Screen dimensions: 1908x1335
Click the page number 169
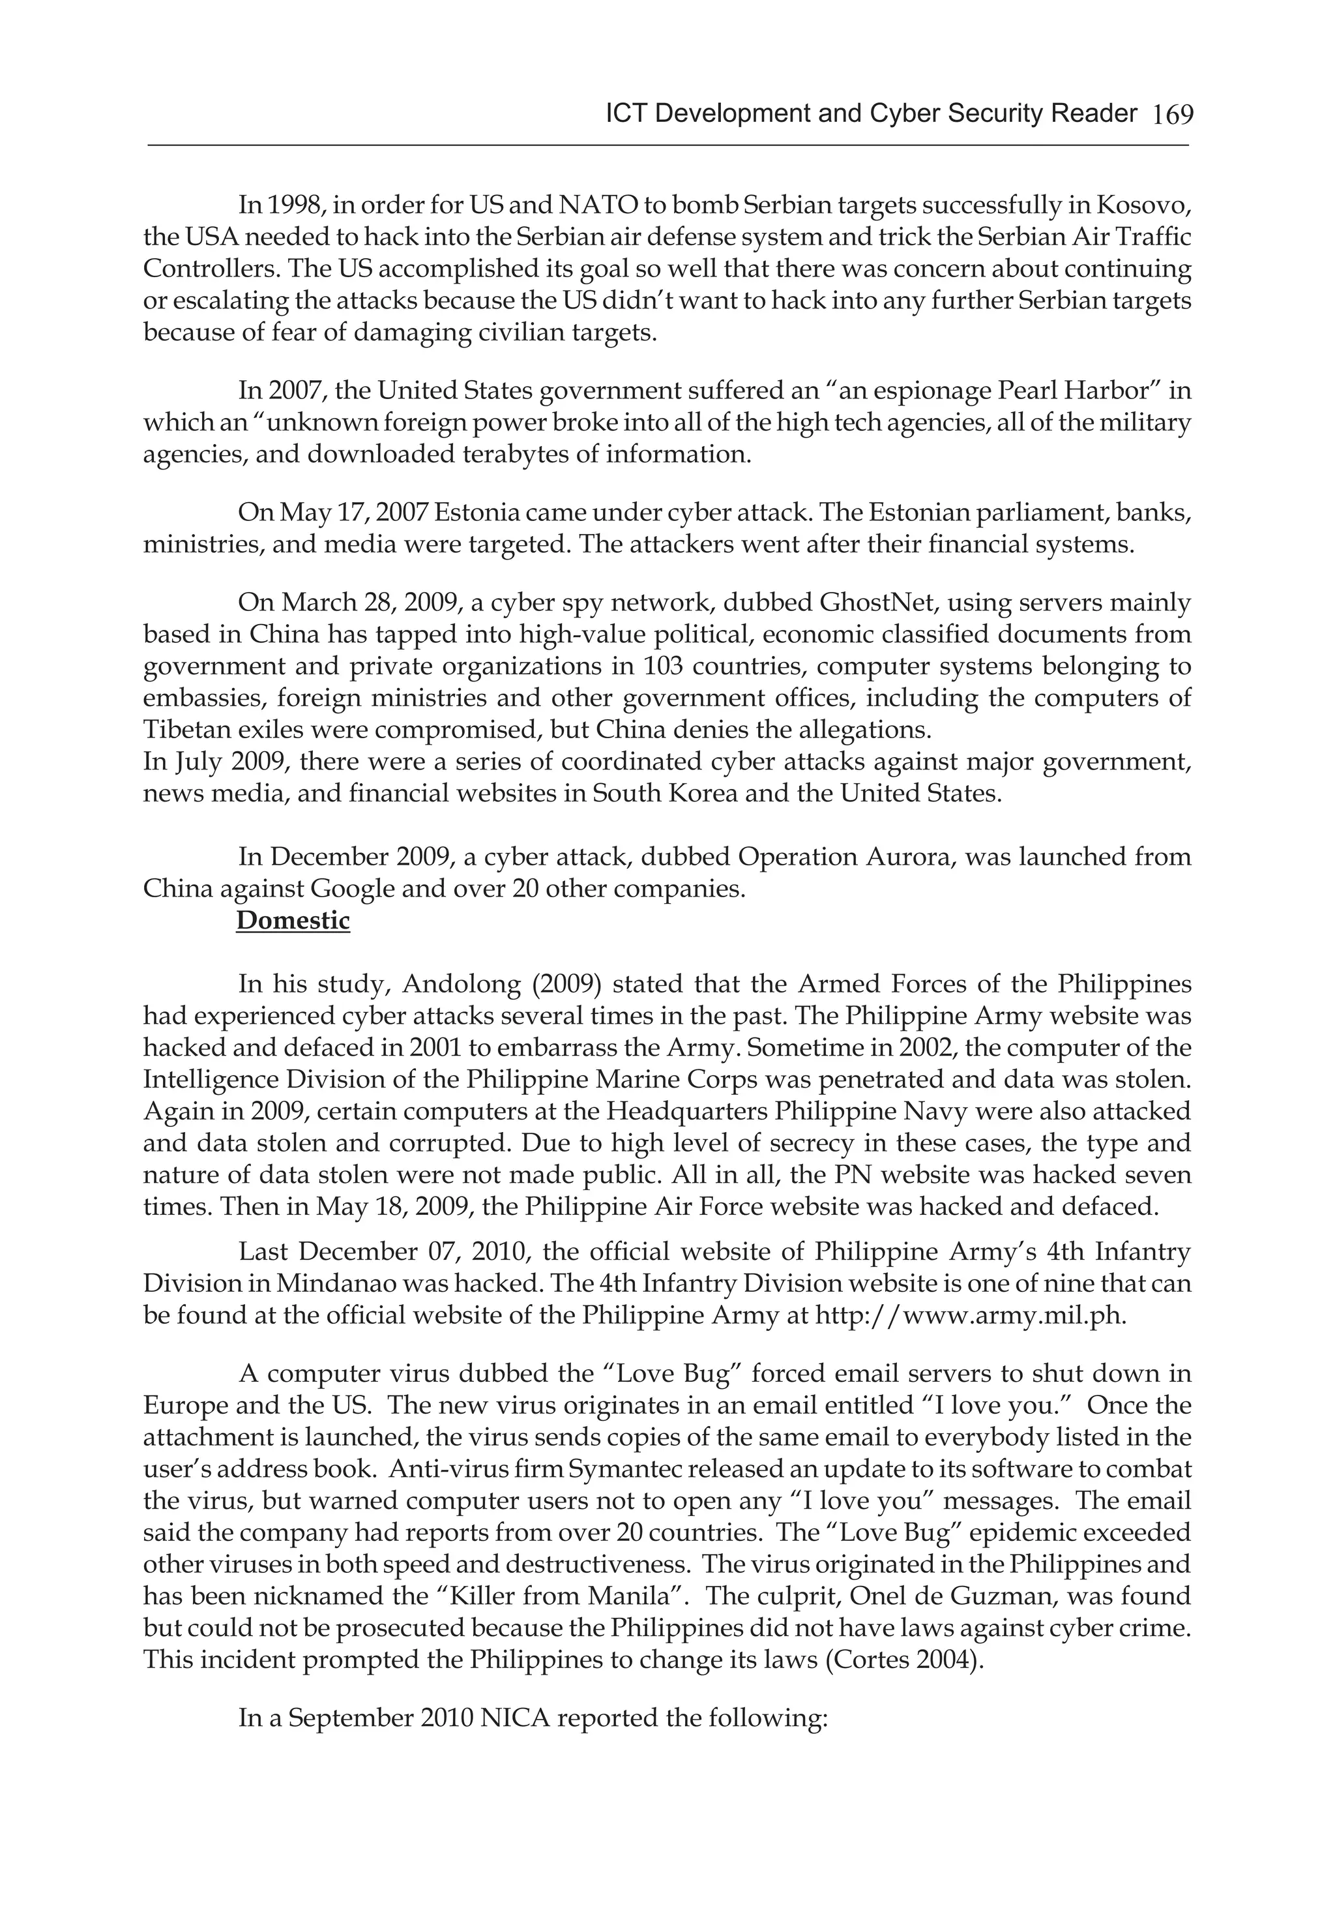tap(1172, 115)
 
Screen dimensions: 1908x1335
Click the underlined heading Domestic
tap(293, 921)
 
